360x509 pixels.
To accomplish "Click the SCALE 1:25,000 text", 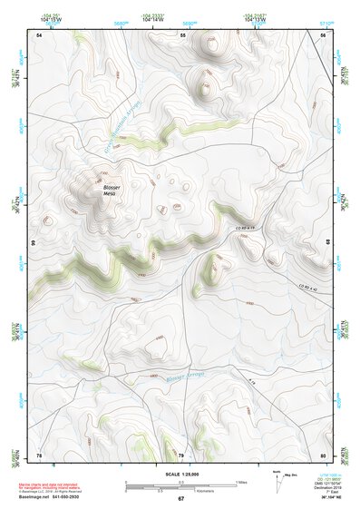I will [x=180, y=474].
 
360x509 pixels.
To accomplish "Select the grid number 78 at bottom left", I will [x=39, y=455].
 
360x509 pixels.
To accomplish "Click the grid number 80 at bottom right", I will [x=322, y=455].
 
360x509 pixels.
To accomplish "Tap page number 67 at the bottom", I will [x=180, y=499].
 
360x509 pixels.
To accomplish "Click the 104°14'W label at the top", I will [x=152, y=17].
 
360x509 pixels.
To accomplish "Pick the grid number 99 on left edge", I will [x=33, y=243].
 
